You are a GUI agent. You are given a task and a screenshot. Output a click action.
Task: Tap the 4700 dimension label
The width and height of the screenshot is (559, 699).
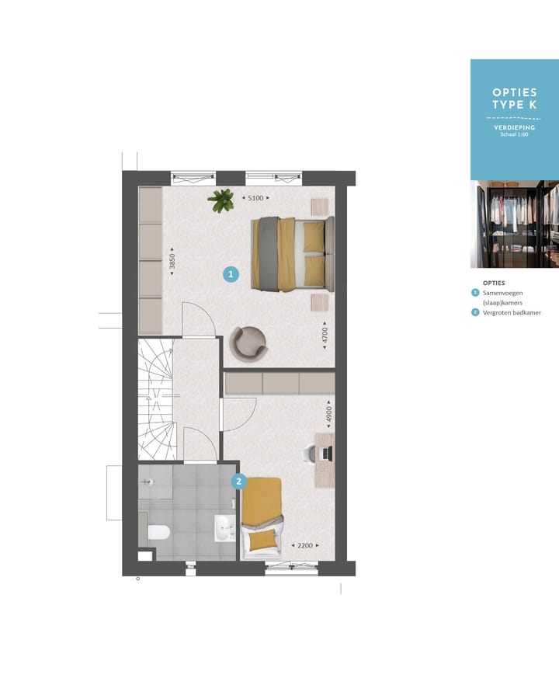pyautogui.click(x=326, y=335)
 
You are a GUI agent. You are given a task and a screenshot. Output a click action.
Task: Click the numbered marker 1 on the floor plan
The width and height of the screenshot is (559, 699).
pyautogui.click(x=231, y=274)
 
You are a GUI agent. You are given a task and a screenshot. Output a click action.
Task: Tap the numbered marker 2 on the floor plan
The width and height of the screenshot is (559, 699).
pyautogui.click(x=239, y=482)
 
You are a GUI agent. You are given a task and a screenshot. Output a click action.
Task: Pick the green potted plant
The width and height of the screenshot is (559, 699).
pyautogui.click(x=222, y=200)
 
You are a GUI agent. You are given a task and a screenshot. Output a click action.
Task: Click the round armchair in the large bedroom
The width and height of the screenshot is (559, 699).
pyautogui.click(x=248, y=343)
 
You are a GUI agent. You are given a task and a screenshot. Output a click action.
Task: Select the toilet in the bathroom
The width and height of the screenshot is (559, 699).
pyautogui.click(x=158, y=532)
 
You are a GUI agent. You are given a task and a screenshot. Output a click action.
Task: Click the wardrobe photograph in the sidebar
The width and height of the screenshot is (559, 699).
pyautogui.click(x=514, y=224)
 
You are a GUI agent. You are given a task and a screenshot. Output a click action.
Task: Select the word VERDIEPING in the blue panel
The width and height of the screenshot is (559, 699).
pyautogui.click(x=514, y=127)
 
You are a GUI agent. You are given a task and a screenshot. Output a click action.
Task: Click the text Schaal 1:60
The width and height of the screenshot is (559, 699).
pyautogui.click(x=514, y=135)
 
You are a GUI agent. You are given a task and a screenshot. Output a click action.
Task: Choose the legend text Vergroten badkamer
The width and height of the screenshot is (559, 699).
pyautogui.click(x=512, y=313)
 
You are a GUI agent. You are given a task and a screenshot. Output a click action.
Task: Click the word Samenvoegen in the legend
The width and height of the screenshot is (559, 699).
pyautogui.click(x=503, y=293)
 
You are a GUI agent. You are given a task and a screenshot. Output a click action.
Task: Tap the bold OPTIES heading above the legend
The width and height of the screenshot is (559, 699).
pyautogui.click(x=494, y=283)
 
